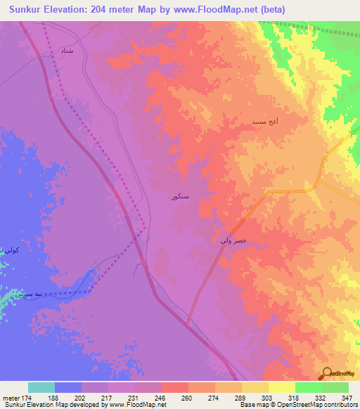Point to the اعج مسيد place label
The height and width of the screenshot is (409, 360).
265,122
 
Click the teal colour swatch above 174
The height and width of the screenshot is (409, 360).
41,387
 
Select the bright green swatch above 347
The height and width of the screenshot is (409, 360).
335,387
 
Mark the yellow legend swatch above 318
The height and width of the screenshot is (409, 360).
282,387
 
